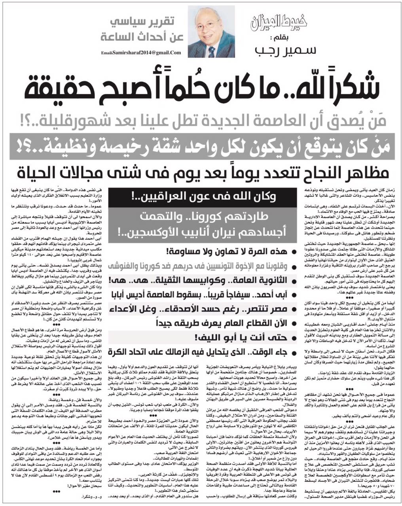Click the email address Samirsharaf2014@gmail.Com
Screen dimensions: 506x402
pyautogui.click(x=141, y=53)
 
